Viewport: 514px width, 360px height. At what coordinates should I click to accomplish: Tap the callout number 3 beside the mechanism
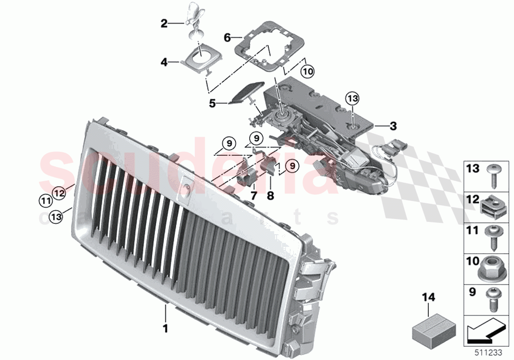[x=393, y=126]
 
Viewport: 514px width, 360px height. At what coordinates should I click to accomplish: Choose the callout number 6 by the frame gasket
[x=227, y=37]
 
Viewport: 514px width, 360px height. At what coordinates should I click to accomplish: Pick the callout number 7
[x=254, y=195]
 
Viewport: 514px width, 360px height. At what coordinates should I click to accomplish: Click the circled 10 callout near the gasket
[x=307, y=72]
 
